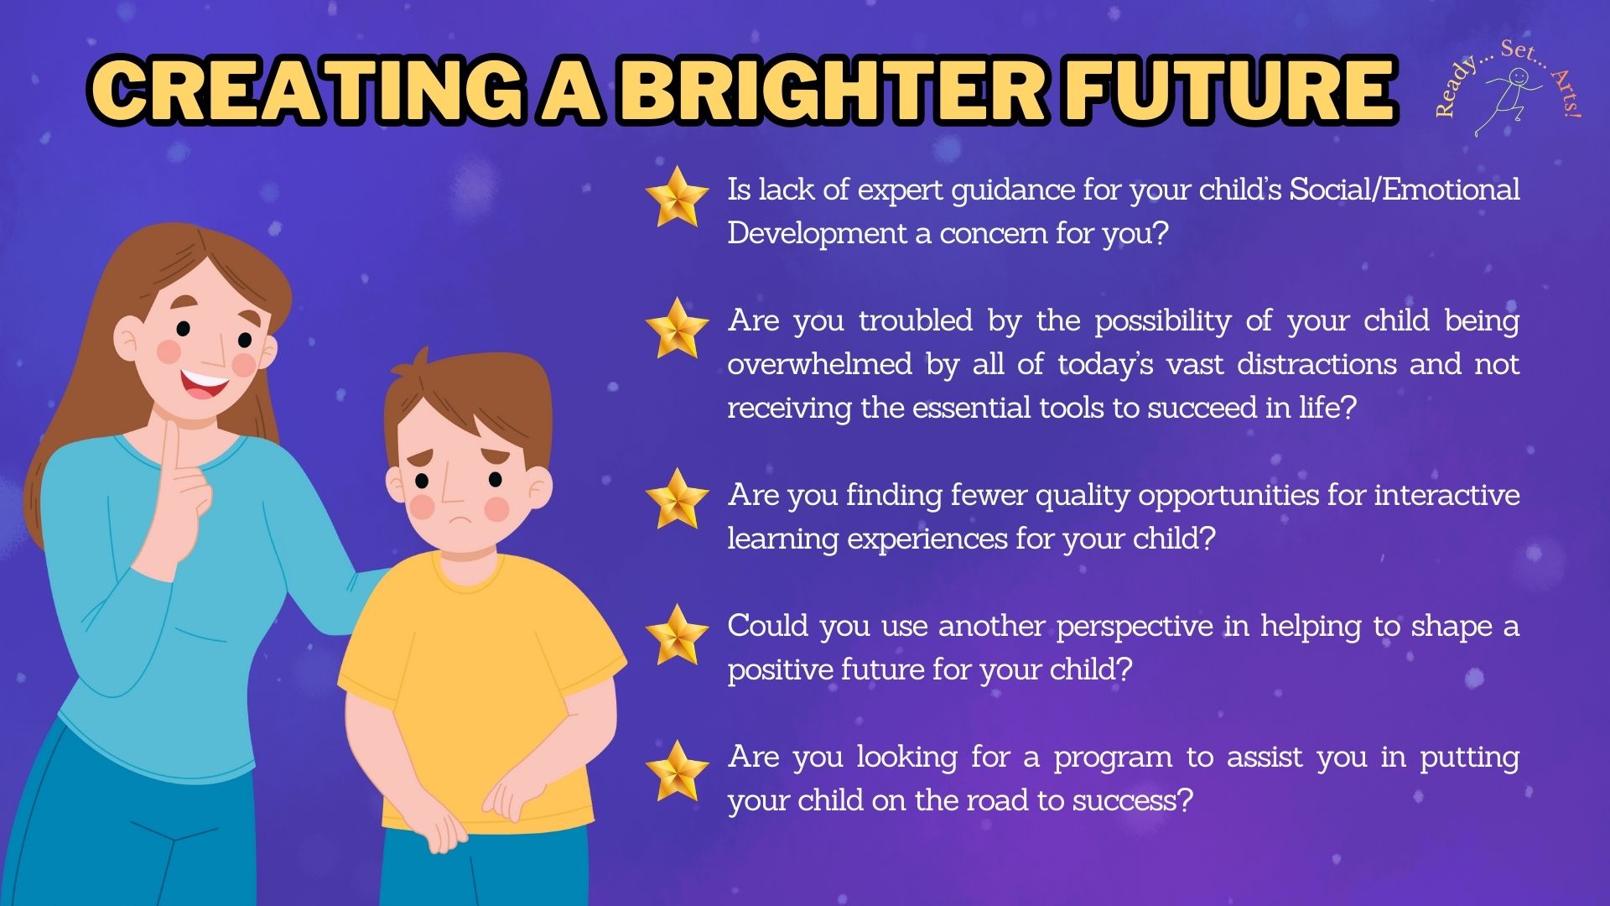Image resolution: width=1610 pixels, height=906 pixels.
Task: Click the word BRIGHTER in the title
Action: click(830, 90)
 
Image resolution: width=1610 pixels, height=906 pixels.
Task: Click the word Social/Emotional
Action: click(1405, 190)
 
